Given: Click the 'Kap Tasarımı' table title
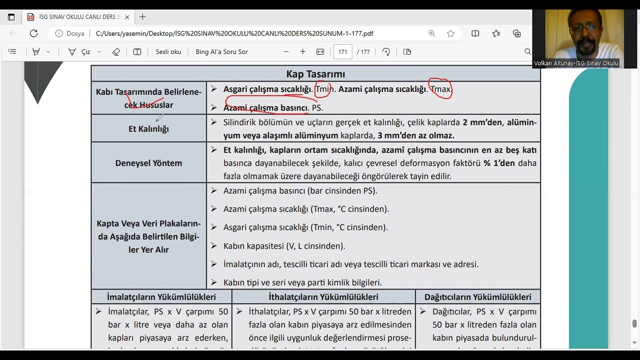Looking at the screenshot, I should click(x=315, y=74).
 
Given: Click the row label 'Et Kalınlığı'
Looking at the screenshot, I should click(x=148, y=129).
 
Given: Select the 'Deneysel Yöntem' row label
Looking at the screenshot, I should click(x=148, y=163).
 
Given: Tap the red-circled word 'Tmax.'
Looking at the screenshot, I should click(x=440, y=89).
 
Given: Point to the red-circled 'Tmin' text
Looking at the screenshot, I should click(x=323, y=89).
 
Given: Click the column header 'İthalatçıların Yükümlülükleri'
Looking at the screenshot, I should click(x=323, y=297).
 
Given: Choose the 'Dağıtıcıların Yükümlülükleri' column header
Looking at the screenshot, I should click(x=477, y=297).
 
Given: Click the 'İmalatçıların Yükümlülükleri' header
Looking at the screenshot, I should click(x=161, y=297).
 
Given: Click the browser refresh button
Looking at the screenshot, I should click(x=33, y=33).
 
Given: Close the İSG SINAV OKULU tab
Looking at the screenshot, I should click(x=127, y=17).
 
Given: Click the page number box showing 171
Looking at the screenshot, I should click(x=342, y=51).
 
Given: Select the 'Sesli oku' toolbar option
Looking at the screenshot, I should click(x=168, y=51).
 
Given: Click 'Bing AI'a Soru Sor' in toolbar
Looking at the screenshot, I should click(x=221, y=51).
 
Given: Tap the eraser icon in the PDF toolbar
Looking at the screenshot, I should click(x=116, y=51).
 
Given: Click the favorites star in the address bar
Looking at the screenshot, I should click(x=450, y=33).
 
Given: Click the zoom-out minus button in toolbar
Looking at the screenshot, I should click(x=286, y=51).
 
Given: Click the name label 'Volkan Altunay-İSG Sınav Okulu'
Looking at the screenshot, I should click(x=576, y=63).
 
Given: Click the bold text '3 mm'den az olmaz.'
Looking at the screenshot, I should click(x=415, y=135).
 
